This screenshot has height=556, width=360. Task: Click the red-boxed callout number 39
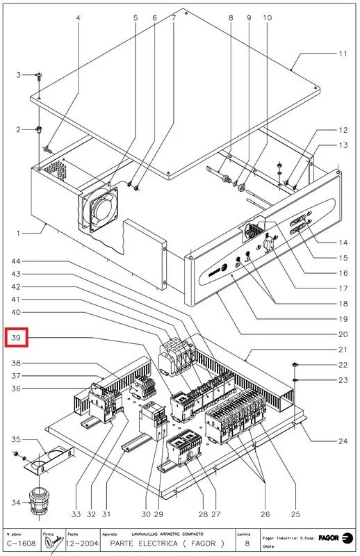tap(16, 338)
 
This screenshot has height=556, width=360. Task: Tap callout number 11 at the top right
tap(343, 54)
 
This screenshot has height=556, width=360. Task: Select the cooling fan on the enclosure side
tap(97, 206)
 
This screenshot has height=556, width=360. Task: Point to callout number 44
tap(16, 261)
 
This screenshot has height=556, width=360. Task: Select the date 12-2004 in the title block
tap(79, 543)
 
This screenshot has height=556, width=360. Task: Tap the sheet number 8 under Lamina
tap(242, 543)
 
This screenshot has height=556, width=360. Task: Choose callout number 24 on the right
tap(343, 440)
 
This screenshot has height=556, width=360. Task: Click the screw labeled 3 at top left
tap(40, 75)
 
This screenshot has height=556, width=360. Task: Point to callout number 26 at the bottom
tap(264, 514)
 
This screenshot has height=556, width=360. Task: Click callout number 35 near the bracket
tap(16, 440)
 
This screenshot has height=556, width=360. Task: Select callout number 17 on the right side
tap(343, 288)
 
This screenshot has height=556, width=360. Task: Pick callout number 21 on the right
tap(343, 349)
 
